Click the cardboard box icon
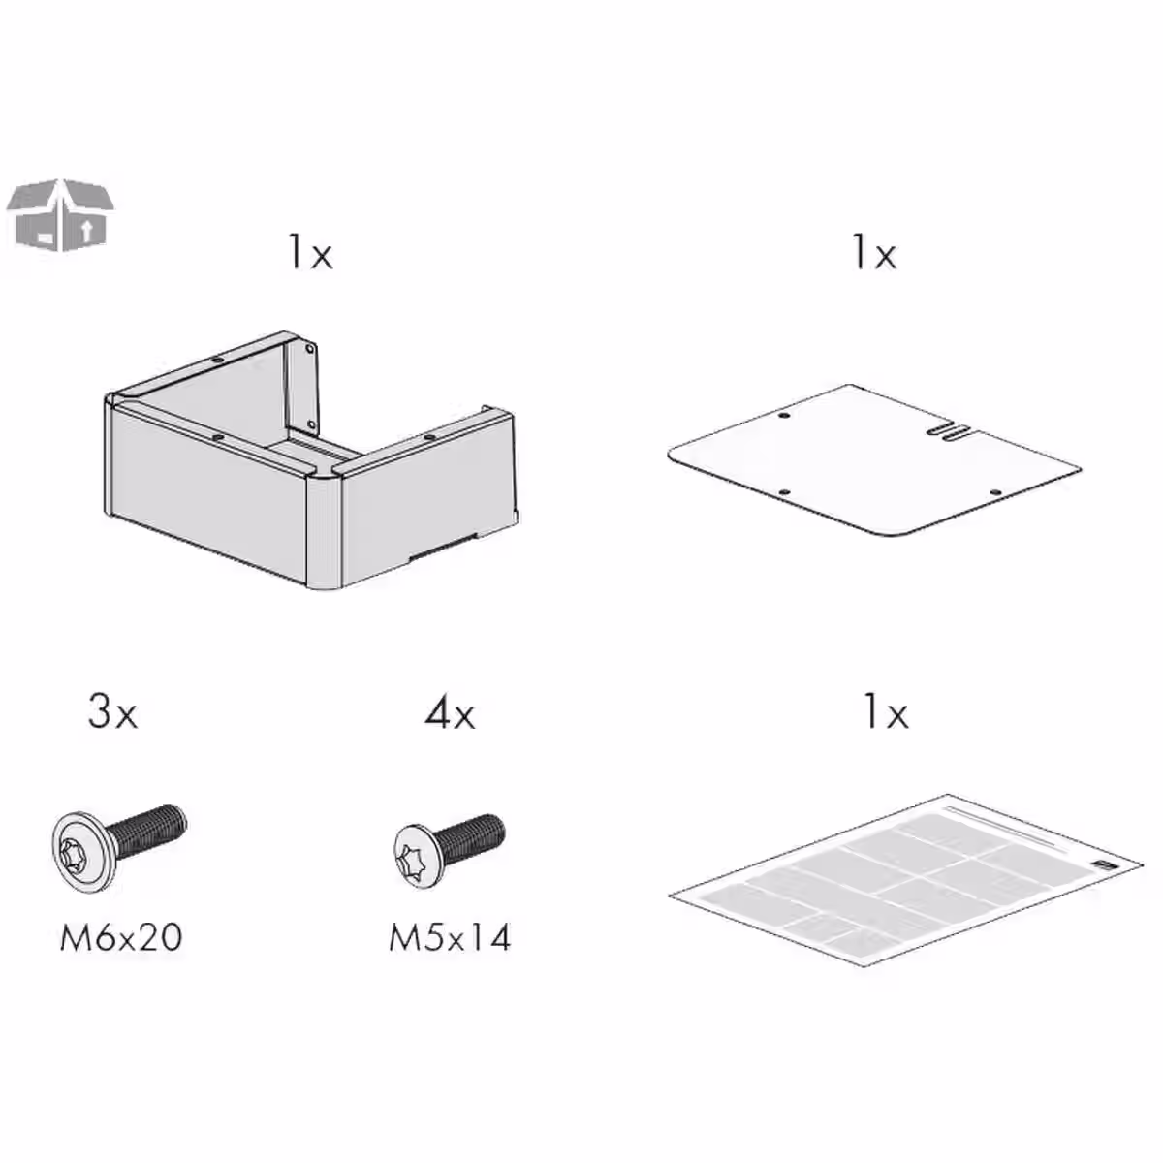pos(60,214)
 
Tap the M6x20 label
pos(121,937)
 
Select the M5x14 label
pos(450,937)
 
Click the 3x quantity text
pos(113,713)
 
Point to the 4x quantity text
pos(450,715)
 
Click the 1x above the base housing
pos(310,254)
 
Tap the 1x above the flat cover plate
pos(874,254)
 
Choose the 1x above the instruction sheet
pos(886,714)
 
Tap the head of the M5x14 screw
pos(417,856)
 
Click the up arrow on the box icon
pos(87,230)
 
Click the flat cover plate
pos(872,465)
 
